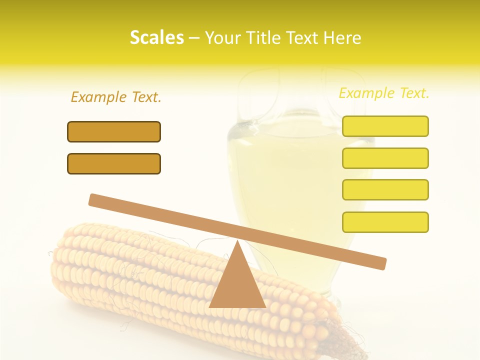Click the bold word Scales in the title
click(x=156, y=37)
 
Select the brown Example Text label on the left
click(x=116, y=97)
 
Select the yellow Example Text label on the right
click(x=384, y=93)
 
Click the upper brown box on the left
click(x=114, y=131)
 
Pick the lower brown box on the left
click(x=114, y=163)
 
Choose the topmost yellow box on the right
click(x=385, y=126)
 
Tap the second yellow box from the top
click(x=385, y=158)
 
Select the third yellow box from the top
click(x=385, y=189)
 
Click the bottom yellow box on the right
click(x=385, y=222)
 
